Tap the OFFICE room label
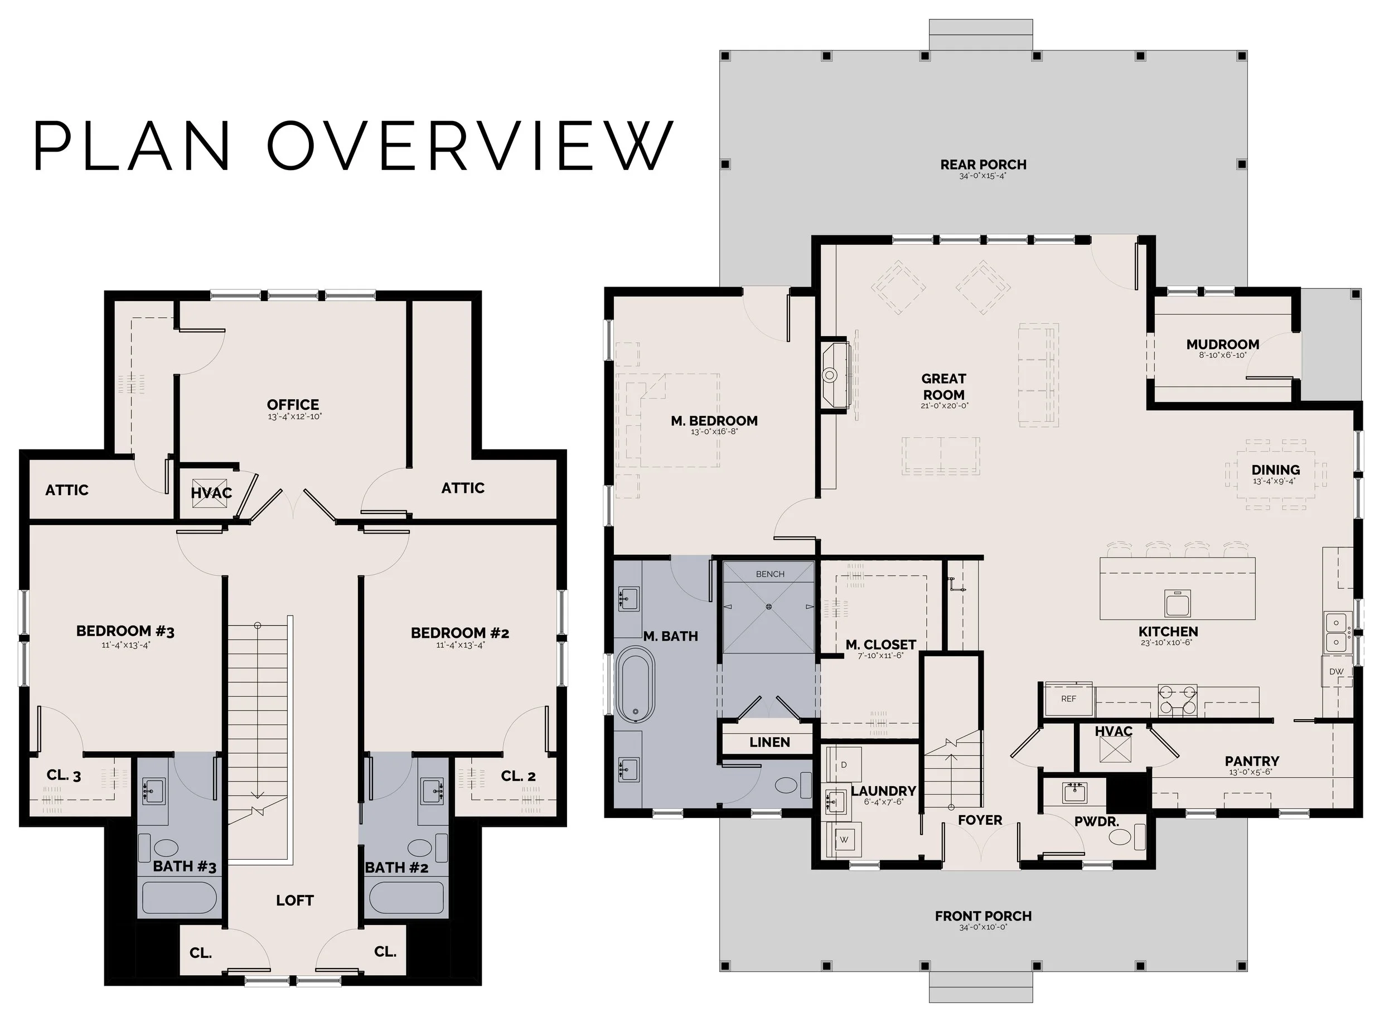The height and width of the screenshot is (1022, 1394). [293, 405]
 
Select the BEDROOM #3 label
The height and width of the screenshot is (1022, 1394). [125, 631]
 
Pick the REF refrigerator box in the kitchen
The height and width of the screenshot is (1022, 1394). [1068, 699]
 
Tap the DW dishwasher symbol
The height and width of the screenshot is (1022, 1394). [1336, 671]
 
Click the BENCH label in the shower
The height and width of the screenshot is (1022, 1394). [770, 574]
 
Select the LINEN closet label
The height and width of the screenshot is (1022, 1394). [769, 742]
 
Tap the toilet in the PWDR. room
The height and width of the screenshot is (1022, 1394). [1125, 837]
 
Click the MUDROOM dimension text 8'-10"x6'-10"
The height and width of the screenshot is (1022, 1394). [1223, 355]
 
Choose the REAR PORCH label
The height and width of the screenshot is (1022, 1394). [983, 164]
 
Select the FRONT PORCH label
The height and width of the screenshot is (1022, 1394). [983, 916]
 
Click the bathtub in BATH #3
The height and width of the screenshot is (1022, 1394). [180, 898]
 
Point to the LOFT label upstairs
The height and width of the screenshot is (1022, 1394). [294, 900]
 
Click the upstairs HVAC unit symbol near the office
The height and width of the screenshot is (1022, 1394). [209, 493]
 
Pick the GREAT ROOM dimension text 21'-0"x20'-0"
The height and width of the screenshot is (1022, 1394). [944, 406]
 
